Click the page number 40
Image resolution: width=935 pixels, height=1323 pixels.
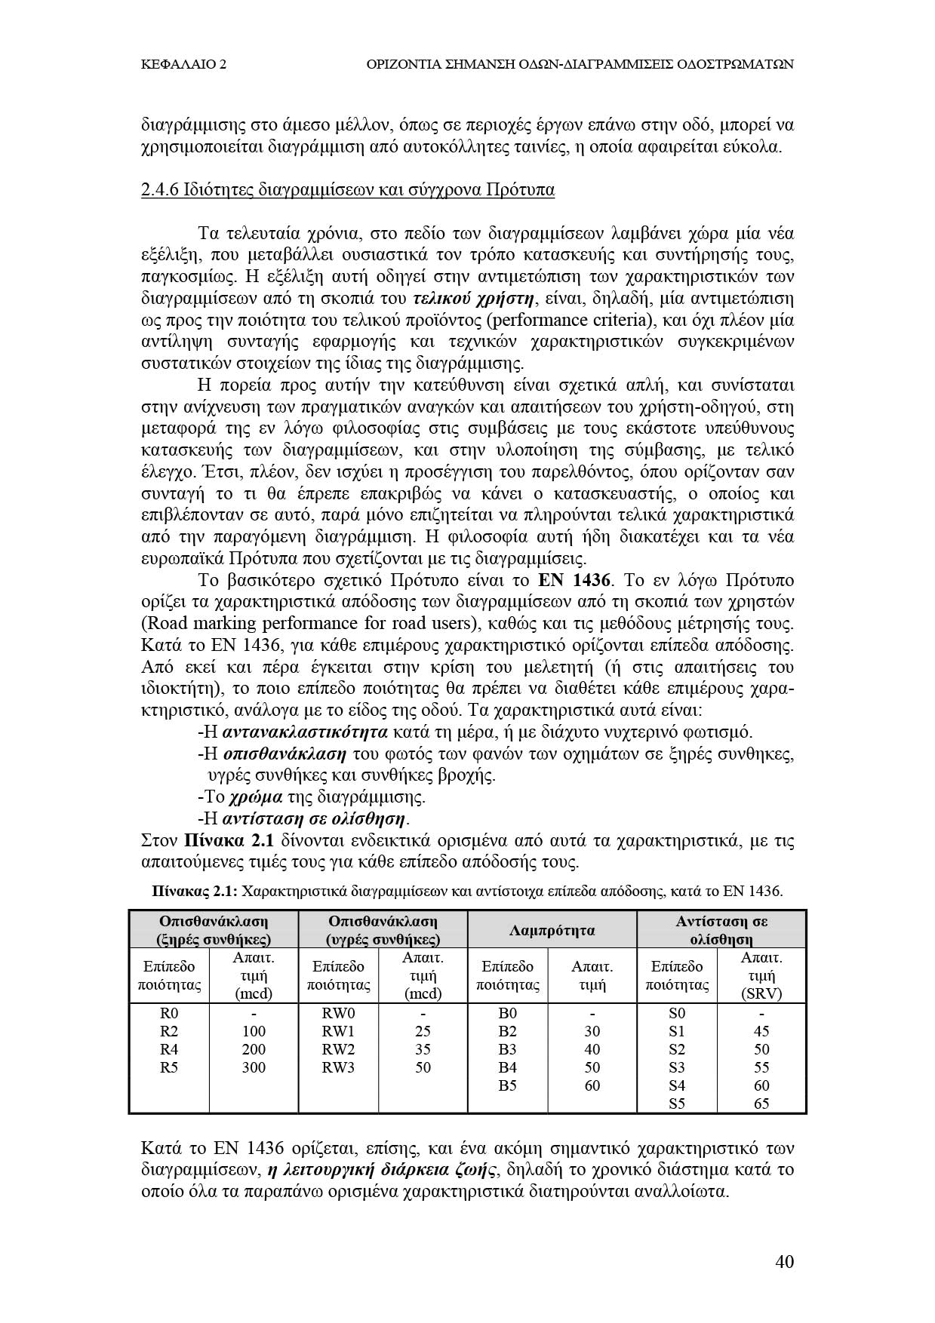[x=784, y=1261]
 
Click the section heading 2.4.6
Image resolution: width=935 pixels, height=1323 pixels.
[x=347, y=189]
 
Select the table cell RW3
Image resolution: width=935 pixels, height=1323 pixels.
[x=338, y=1067]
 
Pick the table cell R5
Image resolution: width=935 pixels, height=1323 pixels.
[x=169, y=1067]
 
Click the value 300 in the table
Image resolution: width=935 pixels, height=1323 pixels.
[x=254, y=1067]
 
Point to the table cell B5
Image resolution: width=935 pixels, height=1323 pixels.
[x=507, y=1085]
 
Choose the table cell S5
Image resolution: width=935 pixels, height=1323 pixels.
[x=677, y=1104]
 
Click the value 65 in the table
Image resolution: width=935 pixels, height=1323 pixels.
[x=761, y=1104]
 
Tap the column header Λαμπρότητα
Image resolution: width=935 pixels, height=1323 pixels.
[x=552, y=930]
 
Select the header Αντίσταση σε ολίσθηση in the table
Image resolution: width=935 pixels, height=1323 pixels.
[x=721, y=930]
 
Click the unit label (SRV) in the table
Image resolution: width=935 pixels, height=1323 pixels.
[x=761, y=993]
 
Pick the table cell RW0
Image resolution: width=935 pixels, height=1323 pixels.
[x=338, y=1013]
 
